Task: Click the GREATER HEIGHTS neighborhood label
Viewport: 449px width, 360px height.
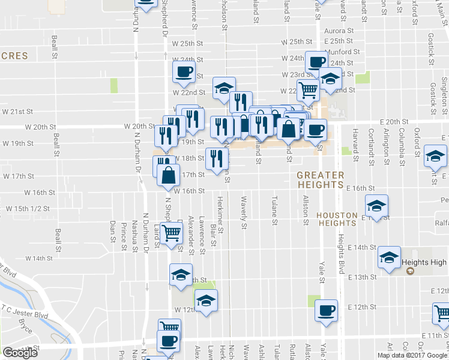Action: pyautogui.click(x=321, y=180)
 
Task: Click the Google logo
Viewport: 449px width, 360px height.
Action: pyautogui.click(x=20, y=353)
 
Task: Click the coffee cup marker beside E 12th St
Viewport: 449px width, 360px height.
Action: pyautogui.click(x=327, y=311)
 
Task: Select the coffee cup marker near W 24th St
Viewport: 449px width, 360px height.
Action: pyautogui.click(x=316, y=62)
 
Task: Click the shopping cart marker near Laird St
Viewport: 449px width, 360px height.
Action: pyautogui.click(x=172, y=232)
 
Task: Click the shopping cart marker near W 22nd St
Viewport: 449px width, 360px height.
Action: pyautogui.click(x=308, y=91)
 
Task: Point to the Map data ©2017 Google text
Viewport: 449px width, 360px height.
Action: pyautogui.click(x=412, y=355)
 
